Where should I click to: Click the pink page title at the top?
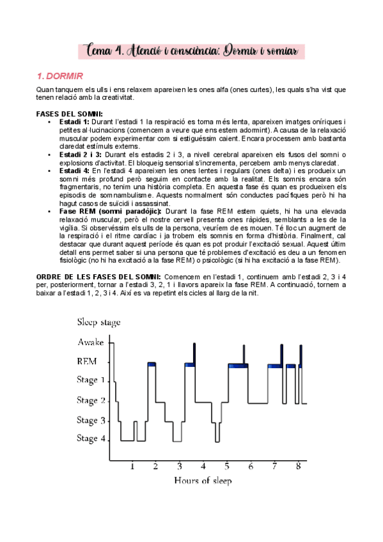[x=192, y=50]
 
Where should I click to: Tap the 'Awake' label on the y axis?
[x=91, y=342]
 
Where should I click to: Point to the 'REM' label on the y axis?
[x=87, y=361]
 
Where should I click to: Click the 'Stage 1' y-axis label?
[x=91, y=380]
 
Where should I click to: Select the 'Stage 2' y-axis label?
[x=91, y=400]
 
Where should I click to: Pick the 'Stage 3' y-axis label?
[x=91, y=420]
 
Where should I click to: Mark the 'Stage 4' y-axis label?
[x=91, y=439]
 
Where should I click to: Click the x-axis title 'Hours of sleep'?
[x=203, y=480]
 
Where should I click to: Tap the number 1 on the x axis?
[x=132, y=466]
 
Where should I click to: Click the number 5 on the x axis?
[x=227, y=466]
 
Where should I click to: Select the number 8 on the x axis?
[x=298, y=466]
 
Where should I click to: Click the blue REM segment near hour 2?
[x=152, y=364]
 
